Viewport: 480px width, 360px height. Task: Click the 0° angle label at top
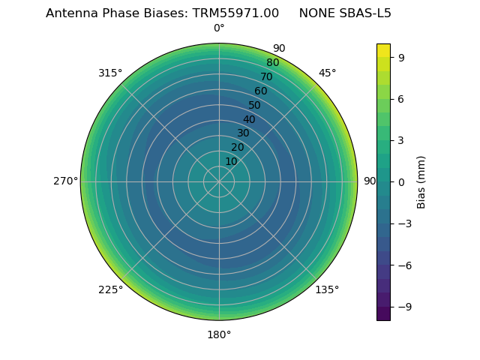point(219,28)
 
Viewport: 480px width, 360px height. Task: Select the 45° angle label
point(327,73)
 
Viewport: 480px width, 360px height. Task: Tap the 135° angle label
point(327,289)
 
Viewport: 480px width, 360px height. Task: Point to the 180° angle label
point(219,334)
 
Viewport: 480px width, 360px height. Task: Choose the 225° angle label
point(110,289)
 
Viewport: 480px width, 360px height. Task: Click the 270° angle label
point(65,181)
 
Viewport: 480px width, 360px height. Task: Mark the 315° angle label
point(110,73)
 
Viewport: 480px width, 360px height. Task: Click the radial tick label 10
point(231,161)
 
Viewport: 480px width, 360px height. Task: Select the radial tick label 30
point(243,133)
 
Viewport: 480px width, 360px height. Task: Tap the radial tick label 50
point(255,105)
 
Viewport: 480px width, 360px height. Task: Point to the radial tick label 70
point(267,76)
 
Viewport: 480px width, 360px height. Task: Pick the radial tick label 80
point(273,63)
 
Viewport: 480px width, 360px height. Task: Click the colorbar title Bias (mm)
point(421,181)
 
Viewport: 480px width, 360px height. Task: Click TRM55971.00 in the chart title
point(238,13)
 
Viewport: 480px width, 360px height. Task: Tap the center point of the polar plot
point(219,181)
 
